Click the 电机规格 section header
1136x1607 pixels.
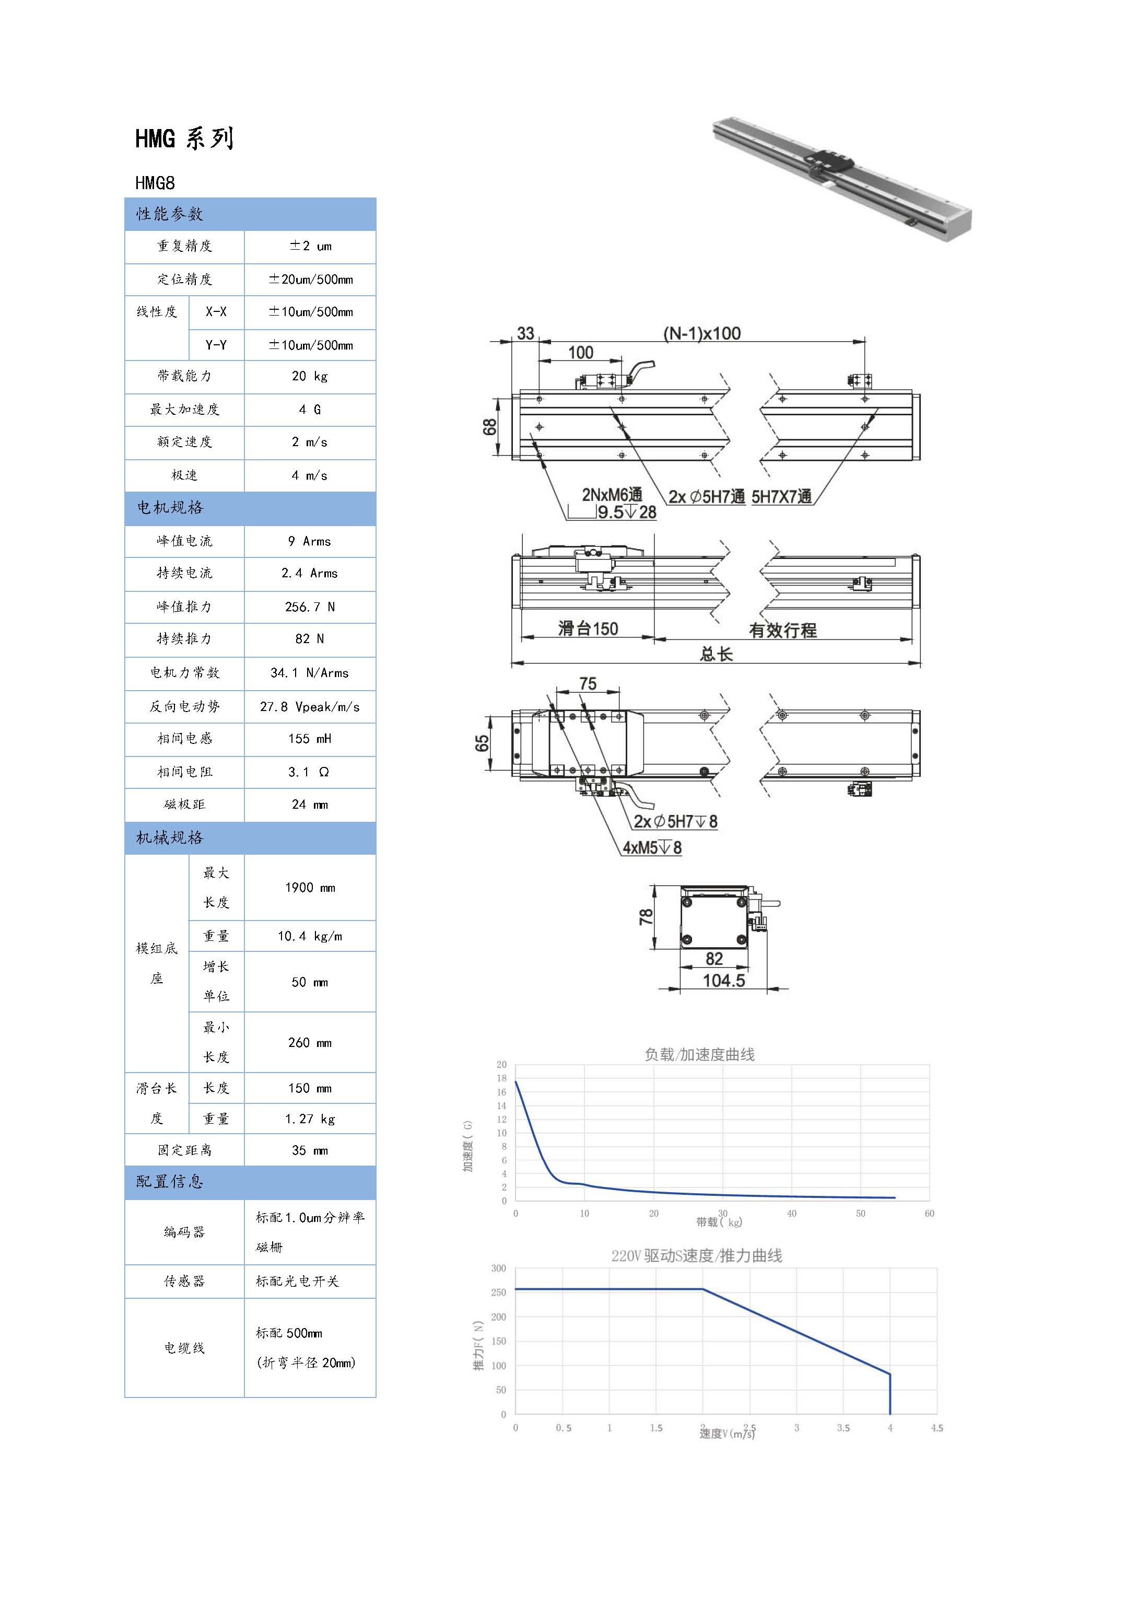[x=170, y=507]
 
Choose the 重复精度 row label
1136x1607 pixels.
[x=184, y=246]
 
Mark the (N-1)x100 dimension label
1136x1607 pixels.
[x=701, y=333]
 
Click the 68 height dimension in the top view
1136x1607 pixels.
[x=489, y=426]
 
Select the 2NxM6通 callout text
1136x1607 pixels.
[x=612, y=495]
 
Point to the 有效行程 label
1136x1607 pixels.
[x=782, y=630]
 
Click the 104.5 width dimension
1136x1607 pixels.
[x=724, y=981]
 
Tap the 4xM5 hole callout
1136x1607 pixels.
[x=652, y=847]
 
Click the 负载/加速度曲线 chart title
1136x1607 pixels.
[x=699, y=1054]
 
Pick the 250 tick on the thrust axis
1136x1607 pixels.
[x=498, y=1292]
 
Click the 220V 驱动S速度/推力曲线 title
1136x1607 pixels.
[x=696, y=1255]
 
